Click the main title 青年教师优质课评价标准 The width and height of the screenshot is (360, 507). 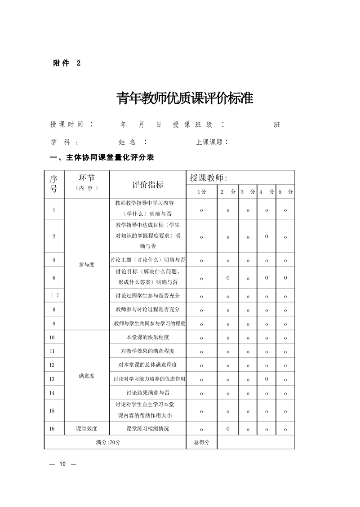tap(185, 98)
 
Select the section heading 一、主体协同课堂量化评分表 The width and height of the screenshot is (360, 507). tap(103, 157)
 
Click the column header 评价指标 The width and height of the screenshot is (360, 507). tap(148, 185)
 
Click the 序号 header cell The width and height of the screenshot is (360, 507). tap(54, 184)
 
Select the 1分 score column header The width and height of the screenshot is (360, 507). tap(202, 192)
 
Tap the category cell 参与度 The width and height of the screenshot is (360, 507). tap(87, 264)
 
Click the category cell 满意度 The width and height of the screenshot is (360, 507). tap(87, 376)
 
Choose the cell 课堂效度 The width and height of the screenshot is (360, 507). tap(87, 429)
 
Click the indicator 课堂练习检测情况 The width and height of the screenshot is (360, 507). tap(148, 429)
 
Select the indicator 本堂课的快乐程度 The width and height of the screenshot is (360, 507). tap(148, 337)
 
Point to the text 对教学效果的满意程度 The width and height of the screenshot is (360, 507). tap(148, 351)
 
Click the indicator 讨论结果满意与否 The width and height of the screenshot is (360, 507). tap(148, 392)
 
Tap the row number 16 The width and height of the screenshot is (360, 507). tap(52, 429)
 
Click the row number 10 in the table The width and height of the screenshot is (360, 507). tap(52, 338)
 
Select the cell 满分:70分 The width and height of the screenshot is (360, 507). tap(108, 442)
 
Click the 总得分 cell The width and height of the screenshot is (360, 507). tap(202, 442)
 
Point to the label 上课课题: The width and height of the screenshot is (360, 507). tap(212, 142)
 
